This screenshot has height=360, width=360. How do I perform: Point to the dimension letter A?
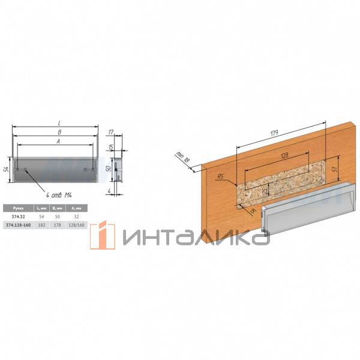coord(54,142)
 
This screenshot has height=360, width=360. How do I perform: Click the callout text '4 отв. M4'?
coord(63,196)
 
